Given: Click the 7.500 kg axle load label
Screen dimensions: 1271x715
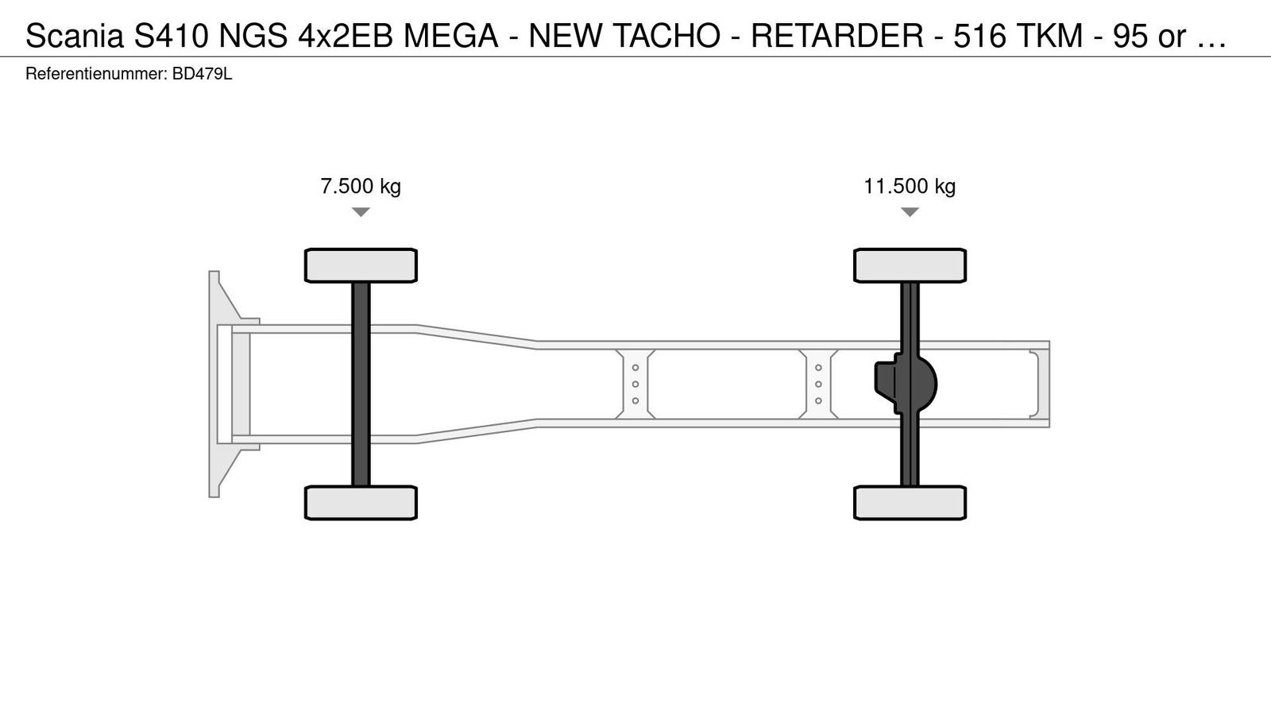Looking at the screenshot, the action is tap(361, 186).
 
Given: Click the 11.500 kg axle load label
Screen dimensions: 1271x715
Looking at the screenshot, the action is tap(910, 186).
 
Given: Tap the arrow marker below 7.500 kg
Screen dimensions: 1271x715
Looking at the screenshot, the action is tap(361, 212).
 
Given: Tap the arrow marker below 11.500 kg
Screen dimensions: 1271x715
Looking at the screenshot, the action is tap(910, 212).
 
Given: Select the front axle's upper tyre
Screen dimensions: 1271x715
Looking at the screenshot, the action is tap(361, 265).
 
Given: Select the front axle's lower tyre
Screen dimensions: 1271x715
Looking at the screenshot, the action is tap(361, 503).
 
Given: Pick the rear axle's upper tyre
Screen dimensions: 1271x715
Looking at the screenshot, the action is tap(910, 265).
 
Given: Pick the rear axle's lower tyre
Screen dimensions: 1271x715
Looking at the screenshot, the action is tap(910, 503).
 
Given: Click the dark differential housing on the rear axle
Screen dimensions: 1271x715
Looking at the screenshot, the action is tap(906, 385).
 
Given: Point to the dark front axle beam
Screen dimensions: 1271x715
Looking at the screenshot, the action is tap(361, 385).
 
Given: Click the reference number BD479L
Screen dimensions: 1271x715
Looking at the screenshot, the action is tap(202, 75).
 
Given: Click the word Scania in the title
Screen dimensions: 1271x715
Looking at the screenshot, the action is tap(75, 36).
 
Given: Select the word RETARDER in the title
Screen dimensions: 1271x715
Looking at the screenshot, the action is tap(837, 36).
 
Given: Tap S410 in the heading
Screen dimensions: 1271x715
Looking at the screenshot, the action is tap(172, 36).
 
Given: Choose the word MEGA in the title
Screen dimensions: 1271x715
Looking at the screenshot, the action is tap(450, 36).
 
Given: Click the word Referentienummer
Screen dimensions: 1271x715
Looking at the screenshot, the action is tap(96, 75).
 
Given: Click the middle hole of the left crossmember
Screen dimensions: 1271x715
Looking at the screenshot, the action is tap(635, 385).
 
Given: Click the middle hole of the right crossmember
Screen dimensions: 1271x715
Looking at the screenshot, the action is tap(818, 385).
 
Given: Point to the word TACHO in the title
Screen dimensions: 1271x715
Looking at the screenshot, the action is tap(666, 36).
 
